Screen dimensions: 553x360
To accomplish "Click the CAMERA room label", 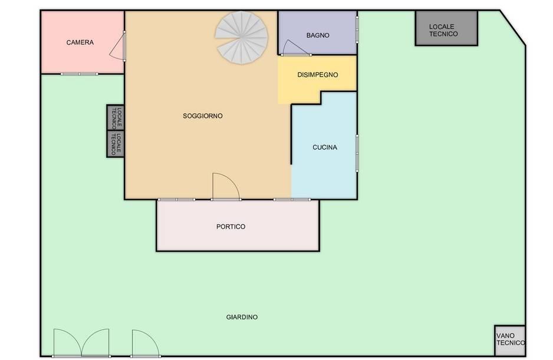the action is [80, 42].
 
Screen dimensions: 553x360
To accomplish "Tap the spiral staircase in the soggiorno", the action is [242, 37].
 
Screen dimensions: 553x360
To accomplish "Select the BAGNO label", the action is [318, 35].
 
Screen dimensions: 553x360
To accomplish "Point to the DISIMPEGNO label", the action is [317, 75].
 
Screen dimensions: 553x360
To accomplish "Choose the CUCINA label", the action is [325, 147].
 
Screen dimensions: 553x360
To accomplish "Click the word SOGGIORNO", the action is [202, 115].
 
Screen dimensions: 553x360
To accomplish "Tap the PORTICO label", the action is [231, 226].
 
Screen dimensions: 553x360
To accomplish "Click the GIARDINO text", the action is [242, 317].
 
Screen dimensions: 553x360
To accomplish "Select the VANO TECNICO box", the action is [510, 341].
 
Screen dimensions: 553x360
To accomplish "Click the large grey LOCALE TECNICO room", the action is [446, 28].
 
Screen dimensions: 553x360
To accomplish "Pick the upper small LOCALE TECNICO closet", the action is [116, 117].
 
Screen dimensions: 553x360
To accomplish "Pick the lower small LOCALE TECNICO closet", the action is [116, 144].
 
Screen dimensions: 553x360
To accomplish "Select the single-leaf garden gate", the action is [146, 343].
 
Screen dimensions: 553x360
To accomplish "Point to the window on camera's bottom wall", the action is [80, 74].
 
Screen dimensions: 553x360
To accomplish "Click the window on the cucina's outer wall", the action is [357, 153].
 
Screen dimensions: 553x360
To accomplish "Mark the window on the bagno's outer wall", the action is [357, 30].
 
